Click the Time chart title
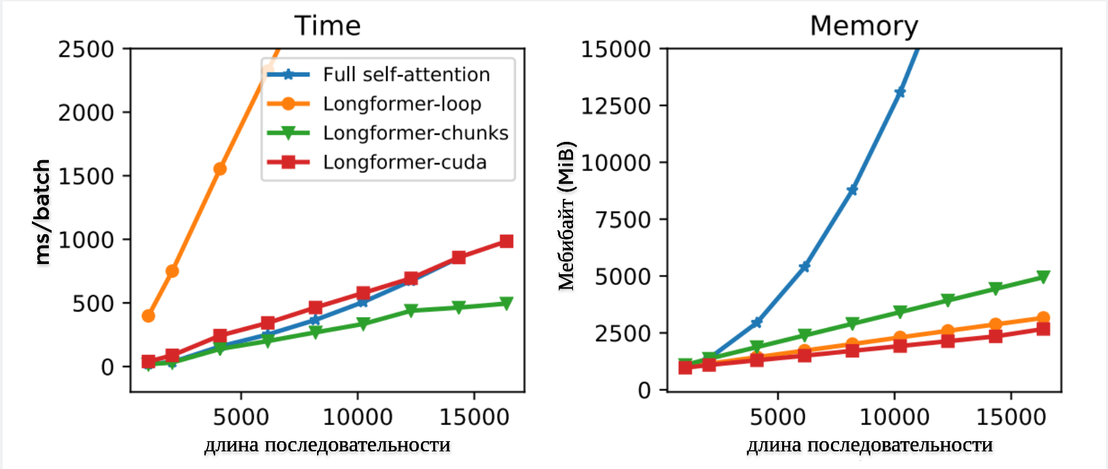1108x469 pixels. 327,26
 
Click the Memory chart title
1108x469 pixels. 864,26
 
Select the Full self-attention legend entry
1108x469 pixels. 406,75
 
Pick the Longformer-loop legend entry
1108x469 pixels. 402,104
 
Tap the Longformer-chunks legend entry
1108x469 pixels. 415,133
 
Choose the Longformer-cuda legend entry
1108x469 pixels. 405,162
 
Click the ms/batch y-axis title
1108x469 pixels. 42,212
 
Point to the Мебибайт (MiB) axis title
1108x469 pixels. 567,216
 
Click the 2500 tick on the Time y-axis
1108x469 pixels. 86,49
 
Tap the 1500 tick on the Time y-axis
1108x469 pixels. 86,176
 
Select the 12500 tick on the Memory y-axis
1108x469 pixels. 616,106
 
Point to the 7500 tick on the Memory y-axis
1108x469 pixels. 623,219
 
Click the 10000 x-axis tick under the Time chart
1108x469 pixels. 357,417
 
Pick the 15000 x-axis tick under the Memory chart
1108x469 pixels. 1011,417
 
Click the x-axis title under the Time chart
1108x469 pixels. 327,445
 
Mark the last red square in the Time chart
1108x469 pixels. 506,242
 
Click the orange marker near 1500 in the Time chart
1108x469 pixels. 220,169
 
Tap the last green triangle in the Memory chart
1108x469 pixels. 1043,277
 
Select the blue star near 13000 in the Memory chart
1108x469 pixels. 900,92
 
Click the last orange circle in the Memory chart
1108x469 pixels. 1043,318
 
